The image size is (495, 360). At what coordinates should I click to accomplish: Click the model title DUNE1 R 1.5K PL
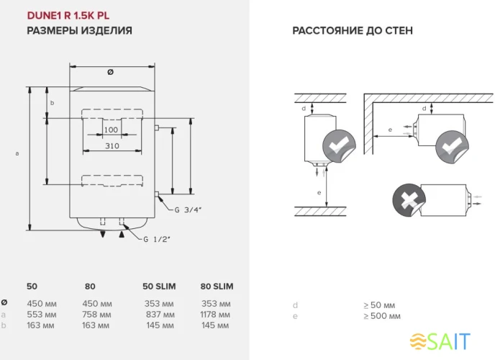point(68,15)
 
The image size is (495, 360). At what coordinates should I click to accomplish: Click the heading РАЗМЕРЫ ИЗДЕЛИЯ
point(79,31)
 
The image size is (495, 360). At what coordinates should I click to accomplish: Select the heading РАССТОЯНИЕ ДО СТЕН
point(352,31)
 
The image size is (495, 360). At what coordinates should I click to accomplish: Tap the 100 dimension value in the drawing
point(111,130)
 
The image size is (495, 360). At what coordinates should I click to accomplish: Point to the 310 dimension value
point(111,146)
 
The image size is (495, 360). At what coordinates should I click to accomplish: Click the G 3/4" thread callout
point(188,210)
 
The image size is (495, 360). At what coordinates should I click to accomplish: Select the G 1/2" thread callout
point(157,239)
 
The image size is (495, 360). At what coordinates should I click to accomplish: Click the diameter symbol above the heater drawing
point(110,72)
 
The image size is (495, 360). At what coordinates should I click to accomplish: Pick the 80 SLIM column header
point(215,287)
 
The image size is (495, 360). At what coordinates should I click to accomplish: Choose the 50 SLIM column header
point(159,287)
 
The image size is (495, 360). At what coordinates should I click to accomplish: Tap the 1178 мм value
point(215,315)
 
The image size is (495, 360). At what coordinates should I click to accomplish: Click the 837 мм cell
point(158,315)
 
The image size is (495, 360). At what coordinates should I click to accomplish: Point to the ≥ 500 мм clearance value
point(381,316)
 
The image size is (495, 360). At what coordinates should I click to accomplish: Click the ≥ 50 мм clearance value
point(379,305)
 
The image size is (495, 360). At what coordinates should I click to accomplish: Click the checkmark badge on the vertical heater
point(336,147)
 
